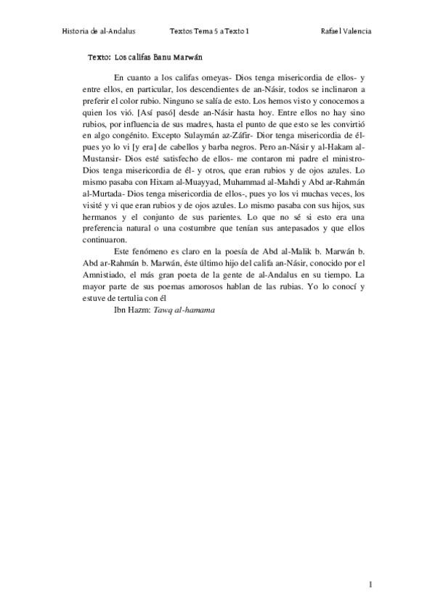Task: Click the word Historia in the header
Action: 77,32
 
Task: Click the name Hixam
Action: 153,194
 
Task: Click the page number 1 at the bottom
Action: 370,584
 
